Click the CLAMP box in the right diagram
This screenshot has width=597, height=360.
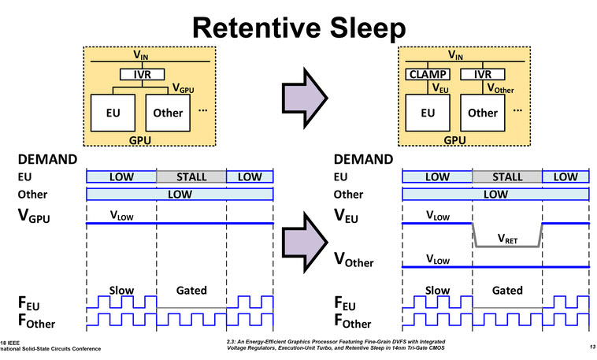(x=427, y=75)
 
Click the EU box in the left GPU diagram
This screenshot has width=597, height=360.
(x=113, y=113)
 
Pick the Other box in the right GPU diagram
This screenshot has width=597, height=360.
(x=483, y=113)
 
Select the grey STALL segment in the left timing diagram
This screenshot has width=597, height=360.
(x=191, y=176)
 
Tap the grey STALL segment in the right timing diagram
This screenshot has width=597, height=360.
(x=506, y=176)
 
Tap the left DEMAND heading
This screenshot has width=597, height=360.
(x=47, y=158)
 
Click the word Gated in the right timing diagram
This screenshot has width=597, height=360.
(x=506, y=290)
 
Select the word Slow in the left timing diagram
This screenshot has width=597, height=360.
(x=121, y=290)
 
